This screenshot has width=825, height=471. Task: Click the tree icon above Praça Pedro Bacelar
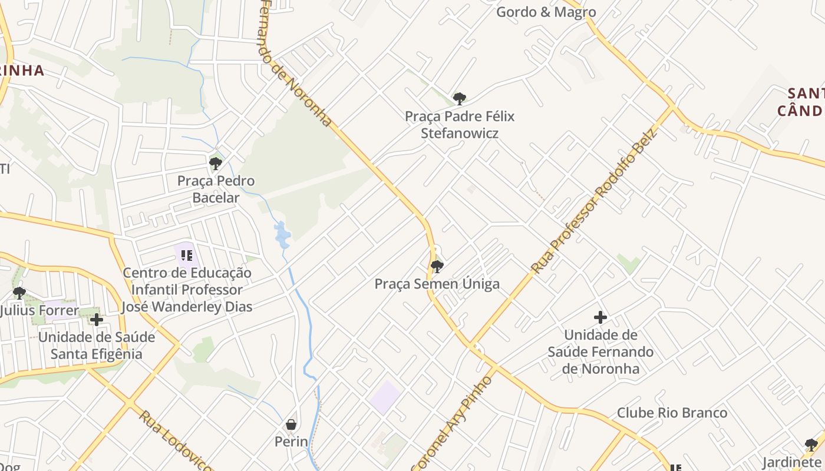(x=216, y=163)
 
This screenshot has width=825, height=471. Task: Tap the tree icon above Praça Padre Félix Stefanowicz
(x=459, y=98)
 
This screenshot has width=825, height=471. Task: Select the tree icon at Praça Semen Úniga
(x=437, y=267)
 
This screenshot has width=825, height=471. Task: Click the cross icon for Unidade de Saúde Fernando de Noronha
(x=600, y=318)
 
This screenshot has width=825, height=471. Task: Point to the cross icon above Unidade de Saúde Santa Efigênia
(x=97, y=320)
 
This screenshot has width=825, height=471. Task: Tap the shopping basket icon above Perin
(x=291, y=424)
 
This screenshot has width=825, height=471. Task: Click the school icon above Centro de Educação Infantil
(x=187, y=256)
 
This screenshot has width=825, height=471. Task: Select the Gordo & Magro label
(x=546, y=12)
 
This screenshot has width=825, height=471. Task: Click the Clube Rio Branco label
(x=672, y=413)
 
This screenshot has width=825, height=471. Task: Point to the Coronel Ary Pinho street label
(x=454, y=421)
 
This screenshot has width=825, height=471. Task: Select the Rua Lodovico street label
(x=175, y=440)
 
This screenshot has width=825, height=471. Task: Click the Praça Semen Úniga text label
(x=437, y=284)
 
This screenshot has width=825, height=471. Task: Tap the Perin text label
(x=291, y=441)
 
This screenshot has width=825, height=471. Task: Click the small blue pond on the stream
(x=282, y=234)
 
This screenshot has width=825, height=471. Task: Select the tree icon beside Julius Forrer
(x=19, y=293)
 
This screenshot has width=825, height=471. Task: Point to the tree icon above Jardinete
(x=811, y=445)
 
